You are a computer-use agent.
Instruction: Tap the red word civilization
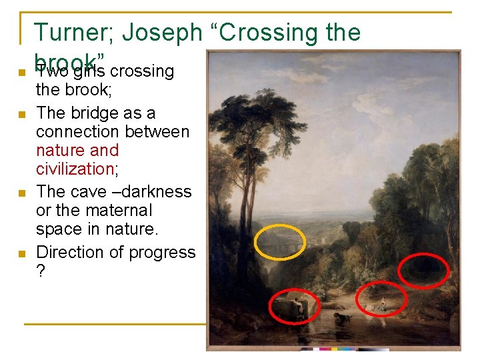point(75,169)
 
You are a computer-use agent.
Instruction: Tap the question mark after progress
point(41,272)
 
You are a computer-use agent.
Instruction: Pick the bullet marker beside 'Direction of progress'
point(21,254)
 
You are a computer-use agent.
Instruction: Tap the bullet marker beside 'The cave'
point(21,193)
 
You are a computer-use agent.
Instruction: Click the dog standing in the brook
point(342,318)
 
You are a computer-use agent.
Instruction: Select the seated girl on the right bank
point(383,303)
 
